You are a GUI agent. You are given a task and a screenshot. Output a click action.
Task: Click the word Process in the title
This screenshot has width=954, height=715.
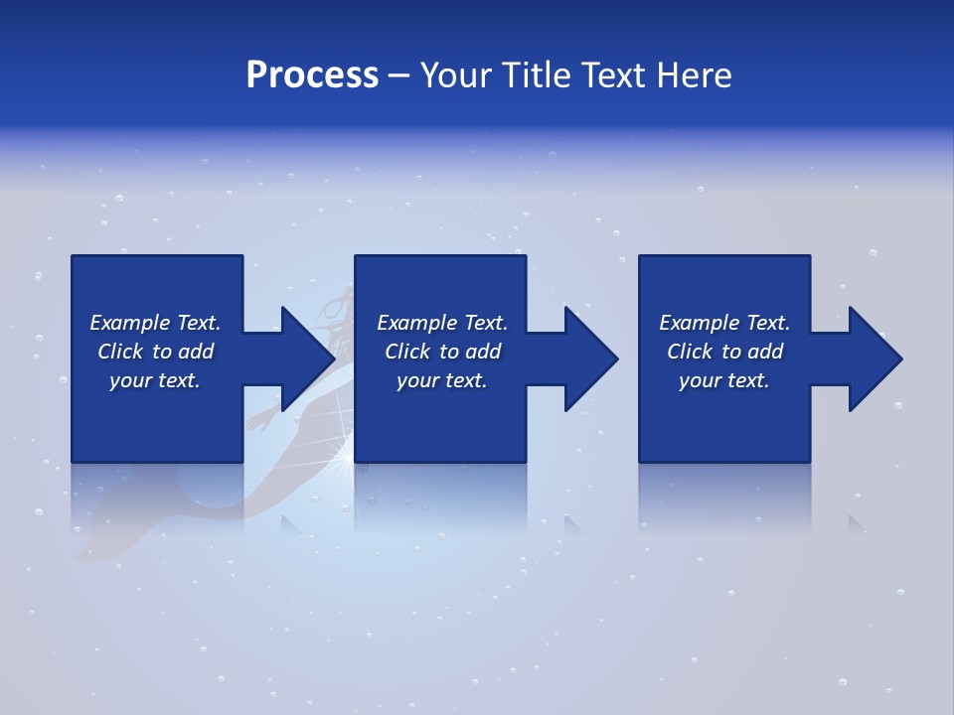(312, 75)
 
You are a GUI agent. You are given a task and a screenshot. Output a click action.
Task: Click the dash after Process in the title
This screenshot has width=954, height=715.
(399, 76)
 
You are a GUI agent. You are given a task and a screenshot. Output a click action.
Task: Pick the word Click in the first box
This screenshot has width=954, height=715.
(121, 352)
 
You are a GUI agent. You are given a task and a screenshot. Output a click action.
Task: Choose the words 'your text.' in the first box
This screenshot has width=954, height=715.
(155, 380)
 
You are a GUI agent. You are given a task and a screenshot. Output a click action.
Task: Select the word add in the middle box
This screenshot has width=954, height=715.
(483, 352)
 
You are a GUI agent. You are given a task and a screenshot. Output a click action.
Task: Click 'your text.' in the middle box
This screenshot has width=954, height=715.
(441, 380)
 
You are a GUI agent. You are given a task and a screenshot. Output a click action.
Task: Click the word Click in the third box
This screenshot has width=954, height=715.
(690, 352)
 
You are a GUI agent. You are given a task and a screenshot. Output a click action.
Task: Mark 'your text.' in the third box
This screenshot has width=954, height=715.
(723, 380)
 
